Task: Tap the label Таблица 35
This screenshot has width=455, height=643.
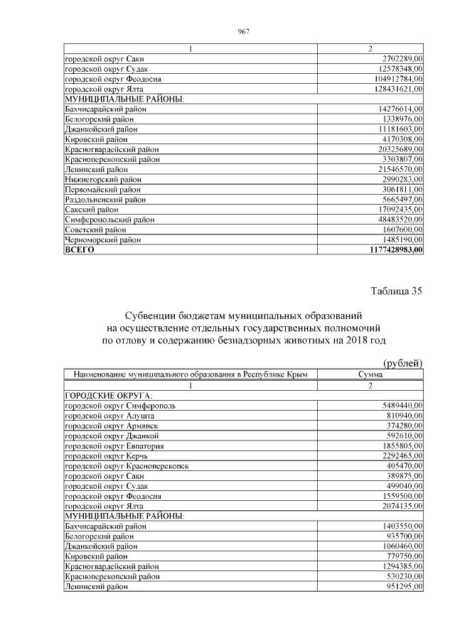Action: point(397,291)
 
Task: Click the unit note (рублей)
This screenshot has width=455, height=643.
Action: point(403,363)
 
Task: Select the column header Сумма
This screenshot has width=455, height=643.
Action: point(370,374)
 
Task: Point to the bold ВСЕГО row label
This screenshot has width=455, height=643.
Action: point(80,250)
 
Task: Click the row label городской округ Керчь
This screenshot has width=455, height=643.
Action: point(107,455)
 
